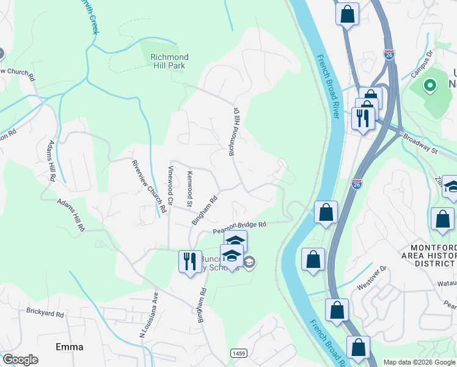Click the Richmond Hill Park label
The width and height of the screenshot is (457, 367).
(169, 61)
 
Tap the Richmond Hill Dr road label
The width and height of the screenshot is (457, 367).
(233, 132)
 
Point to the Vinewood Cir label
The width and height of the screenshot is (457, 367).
(171, 185)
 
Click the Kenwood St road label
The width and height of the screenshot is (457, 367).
(190, 189)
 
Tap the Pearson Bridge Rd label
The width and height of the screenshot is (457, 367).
(239, 228)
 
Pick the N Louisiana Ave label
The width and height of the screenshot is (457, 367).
(148, 314)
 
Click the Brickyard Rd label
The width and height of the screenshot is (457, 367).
(45, 313)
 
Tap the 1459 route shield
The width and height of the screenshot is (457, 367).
(239, 353)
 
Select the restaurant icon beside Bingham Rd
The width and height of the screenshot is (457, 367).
(190, 261)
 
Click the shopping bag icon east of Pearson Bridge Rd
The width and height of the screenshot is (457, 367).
(326, 212)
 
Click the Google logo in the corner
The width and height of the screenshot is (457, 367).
(20, 360)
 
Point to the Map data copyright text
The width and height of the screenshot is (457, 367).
(419, 362)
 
